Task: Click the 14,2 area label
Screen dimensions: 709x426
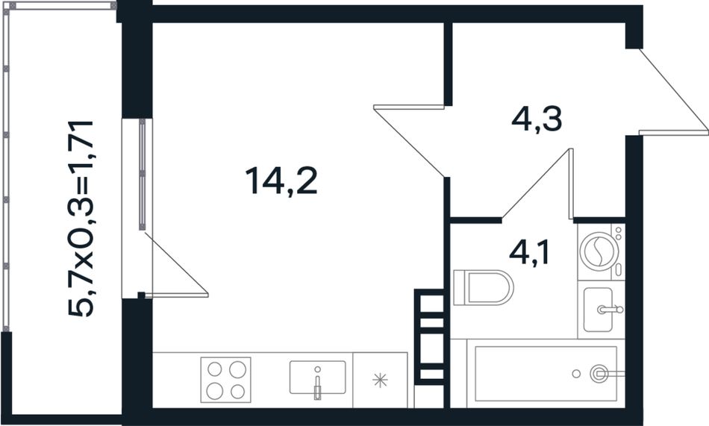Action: [281, 181]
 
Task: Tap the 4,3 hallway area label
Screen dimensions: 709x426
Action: [537, 119]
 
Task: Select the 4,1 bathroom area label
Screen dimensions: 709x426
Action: [529, 252]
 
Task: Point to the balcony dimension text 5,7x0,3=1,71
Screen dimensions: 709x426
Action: [81, 219]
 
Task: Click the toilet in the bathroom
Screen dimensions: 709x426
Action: [484, 287]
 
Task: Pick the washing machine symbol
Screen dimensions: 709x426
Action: [601, 251]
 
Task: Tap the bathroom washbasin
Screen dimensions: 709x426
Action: [601, 310]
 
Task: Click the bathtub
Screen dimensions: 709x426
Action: [546, 374]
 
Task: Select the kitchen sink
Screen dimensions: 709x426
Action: [317, 378]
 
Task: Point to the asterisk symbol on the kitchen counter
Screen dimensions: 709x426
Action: [381, 380]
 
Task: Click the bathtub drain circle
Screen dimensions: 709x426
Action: [576, 374]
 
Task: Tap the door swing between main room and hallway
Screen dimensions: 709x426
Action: [409, 140]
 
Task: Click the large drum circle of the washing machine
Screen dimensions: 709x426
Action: [599, 251]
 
